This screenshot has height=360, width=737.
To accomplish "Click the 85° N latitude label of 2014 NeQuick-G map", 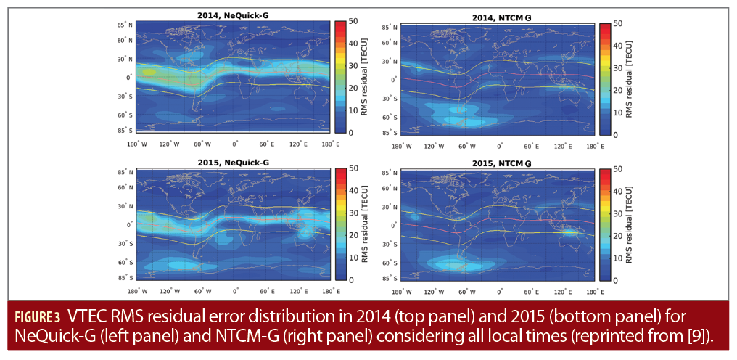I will tap(125, 25).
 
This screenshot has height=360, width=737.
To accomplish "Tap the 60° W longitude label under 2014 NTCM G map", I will tap(467, 146).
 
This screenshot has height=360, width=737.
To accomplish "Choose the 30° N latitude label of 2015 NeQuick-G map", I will tap(125, 206).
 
